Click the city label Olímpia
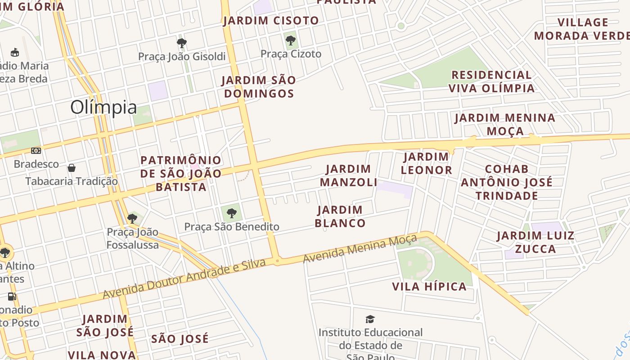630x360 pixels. click(x=103, y=108)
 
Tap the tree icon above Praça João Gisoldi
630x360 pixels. click(x=182, y=43)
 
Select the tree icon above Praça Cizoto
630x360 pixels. click(x=291, y=40)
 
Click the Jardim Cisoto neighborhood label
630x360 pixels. click(x=271, y=21)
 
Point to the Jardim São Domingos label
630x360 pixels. click(x=259, y=87)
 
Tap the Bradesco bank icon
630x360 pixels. click(x=36, y=151)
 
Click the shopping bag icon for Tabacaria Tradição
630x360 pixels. click(x=71, y=168)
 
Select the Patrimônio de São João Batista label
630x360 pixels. click(x=181, y=173)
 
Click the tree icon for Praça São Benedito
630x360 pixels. click(x=232, y=213)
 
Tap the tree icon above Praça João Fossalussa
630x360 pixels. click(x=132, y=219)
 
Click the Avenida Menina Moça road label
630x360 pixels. click(x=360, y=249)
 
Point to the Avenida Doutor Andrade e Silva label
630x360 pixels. click(x=184, y=279)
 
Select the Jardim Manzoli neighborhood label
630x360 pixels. click(x=349, y=175)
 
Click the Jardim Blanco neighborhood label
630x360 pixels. click(x=340, y=216)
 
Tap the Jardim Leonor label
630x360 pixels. click(x=426, y=163)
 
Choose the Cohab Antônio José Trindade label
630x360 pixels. click(x=507, y=182)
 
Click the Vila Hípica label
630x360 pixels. click(x=429, y=287)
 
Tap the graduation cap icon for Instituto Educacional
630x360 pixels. click(x=370, y=319)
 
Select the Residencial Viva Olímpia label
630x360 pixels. click(x=491, y=81)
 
